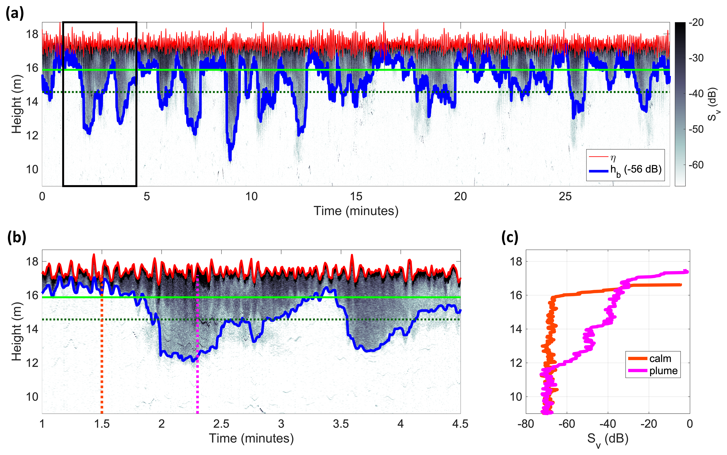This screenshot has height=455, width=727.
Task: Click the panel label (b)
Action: (17, 237)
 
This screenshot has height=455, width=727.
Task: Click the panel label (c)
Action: (510, 237)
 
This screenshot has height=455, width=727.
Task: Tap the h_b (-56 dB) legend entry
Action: (635, 170)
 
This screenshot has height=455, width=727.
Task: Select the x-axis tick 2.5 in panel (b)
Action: (221, 424)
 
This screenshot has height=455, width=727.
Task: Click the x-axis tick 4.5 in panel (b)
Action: (460, 424)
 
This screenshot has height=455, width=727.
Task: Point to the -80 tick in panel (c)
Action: (526, 424)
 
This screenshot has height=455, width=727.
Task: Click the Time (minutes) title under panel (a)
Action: (356, 211)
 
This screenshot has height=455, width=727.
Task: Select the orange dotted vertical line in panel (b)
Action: (102, 361)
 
